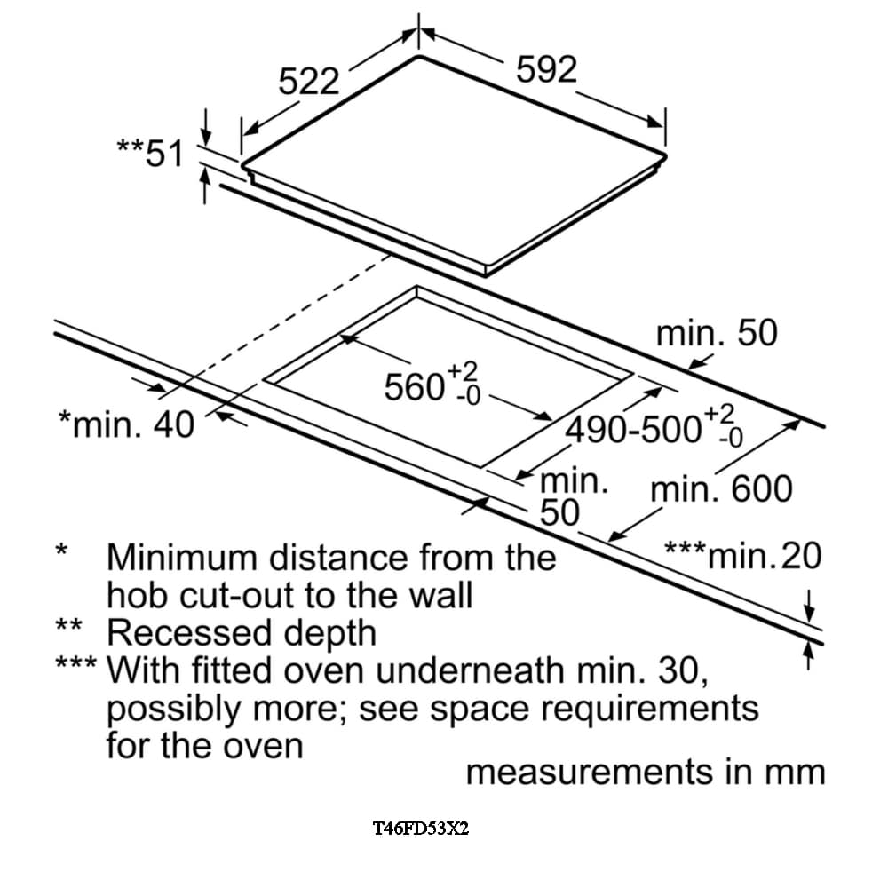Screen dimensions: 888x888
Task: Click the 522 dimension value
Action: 310,82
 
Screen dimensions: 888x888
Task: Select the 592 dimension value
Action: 546,69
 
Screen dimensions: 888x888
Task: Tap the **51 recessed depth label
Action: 149,154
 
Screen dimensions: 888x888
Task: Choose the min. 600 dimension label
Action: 721,489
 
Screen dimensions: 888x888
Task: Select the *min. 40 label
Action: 125,424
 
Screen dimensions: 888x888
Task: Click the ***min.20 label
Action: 743,557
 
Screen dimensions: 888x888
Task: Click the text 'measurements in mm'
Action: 646,772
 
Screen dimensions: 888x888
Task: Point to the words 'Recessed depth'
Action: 242,632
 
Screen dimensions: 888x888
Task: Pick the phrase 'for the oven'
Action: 204,744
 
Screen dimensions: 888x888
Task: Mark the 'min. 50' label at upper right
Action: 716,333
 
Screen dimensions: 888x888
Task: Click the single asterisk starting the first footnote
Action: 61,551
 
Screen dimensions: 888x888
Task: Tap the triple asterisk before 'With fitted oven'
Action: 75,664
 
